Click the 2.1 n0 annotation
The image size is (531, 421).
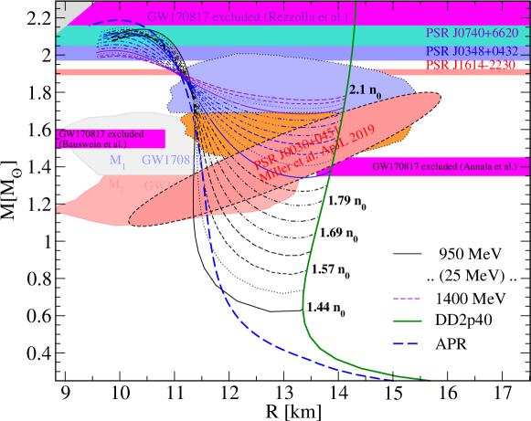click(x=364, y=91)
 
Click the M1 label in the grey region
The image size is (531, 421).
click(x=117, y=161)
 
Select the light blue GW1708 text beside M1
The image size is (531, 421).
click(x=166, y=161)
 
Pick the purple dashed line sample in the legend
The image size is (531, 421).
click(x=407, y=299)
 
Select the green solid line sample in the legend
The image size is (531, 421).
click(x=407, y=321)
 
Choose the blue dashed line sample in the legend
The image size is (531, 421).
click(x=407, y=343)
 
